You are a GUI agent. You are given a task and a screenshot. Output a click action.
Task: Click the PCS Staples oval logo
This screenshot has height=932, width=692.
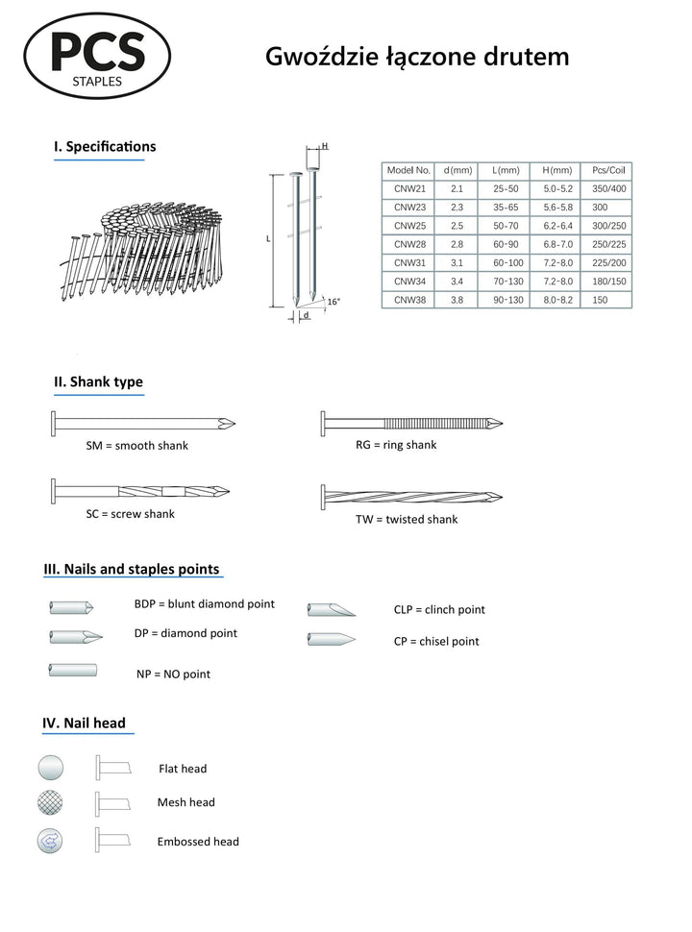[97, 56]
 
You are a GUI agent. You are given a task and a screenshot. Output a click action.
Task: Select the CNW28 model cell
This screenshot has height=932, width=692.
[409, 244]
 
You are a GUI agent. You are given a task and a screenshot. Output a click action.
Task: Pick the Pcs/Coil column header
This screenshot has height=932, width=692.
[608, 171]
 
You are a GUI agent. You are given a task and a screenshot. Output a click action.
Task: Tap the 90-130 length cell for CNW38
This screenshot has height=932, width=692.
[507, 300]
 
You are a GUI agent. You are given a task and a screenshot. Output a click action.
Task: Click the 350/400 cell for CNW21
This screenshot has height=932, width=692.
[608, 189]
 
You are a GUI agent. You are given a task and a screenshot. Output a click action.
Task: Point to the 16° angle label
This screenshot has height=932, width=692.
[334, 302]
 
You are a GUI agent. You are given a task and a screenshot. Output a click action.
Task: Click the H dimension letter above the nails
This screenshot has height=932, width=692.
[325, 146]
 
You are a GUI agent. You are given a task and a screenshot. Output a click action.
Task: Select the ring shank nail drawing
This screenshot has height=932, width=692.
[411, 423]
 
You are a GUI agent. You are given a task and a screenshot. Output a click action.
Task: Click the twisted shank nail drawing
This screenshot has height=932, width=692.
[411, 497]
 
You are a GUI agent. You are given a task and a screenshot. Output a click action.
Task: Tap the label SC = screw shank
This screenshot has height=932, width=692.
[130, 514]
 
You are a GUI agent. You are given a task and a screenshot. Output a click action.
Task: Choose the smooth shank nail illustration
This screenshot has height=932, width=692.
[143, 423]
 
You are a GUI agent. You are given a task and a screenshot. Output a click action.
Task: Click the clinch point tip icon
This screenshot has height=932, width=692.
[332, 610]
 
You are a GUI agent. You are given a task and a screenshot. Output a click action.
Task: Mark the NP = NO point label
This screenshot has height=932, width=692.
[173, 674]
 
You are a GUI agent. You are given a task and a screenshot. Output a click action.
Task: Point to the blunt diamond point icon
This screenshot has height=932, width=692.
[71, 607]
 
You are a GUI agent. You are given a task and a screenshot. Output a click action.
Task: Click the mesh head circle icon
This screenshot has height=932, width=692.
[50, 802]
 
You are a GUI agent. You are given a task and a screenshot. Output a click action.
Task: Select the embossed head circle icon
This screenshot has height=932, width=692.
[50, 841]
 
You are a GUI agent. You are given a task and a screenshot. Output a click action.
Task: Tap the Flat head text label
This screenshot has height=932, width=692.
[183, 769]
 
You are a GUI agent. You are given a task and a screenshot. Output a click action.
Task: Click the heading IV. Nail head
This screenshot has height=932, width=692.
[84, 723]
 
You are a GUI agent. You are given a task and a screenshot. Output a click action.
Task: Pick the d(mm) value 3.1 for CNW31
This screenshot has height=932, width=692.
[457, 262]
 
